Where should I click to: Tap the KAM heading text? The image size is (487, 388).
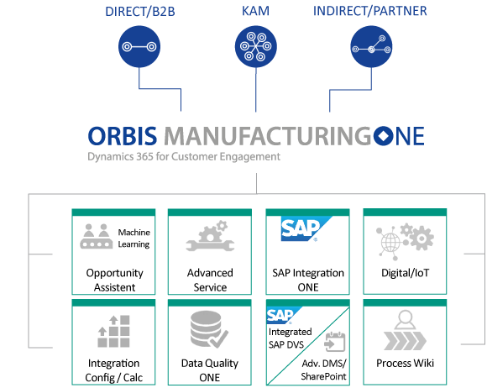point(256,11)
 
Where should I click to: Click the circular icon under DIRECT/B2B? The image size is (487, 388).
point(138,48)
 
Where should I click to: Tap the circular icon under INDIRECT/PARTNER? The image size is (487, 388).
point(371,48)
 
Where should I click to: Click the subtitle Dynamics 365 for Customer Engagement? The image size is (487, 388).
point(184,156)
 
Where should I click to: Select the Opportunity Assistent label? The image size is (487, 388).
point(114,280)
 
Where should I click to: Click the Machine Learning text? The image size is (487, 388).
point(134,238)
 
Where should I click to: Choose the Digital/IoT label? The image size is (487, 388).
point(405,273)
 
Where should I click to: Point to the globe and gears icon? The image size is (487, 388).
point(405,239)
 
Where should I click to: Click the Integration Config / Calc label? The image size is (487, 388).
point(114,370)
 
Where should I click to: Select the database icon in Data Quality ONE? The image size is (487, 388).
point(207,329)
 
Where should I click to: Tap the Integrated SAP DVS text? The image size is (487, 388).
point(288,339)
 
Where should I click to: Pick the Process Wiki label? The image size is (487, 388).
point(405,363)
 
